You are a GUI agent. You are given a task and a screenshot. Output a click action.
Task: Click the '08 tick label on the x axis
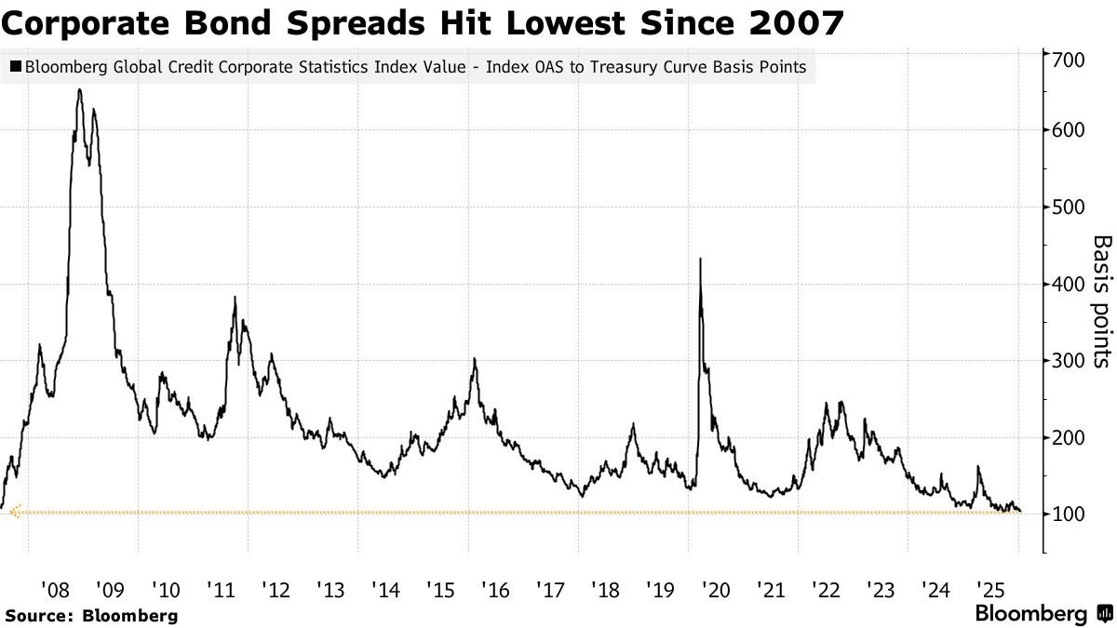click(x=55, y=589)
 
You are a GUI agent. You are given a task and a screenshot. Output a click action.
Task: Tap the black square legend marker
click(x=16, y=66)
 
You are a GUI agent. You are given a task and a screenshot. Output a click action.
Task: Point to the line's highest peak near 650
click(x=79, y=90)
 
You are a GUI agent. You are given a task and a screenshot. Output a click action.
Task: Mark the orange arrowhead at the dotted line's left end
click(x=13, y=512)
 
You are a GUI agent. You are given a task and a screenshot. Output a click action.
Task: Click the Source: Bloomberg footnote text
click(x=91, y=615)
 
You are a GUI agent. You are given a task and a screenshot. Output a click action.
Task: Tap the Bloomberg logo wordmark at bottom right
click(x=1030, y=614)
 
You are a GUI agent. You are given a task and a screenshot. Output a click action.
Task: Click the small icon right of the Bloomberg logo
click(x=1105, y=614)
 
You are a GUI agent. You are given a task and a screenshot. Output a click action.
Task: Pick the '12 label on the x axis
click(x=275, y=589)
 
